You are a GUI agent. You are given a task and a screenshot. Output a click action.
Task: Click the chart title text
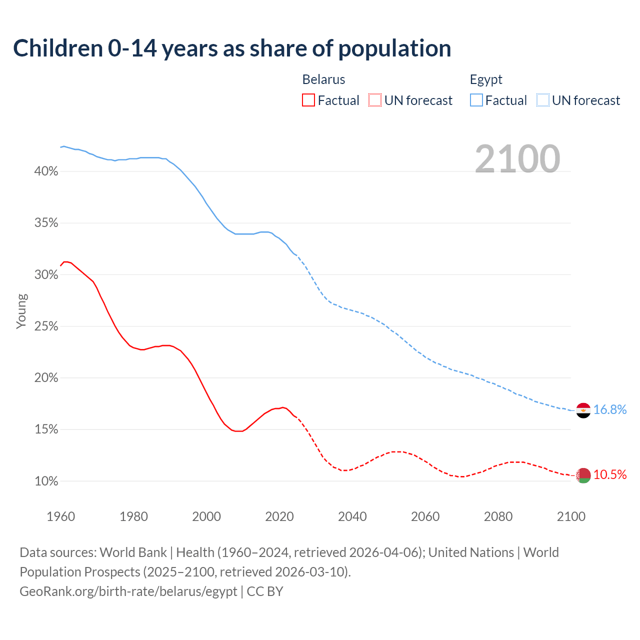(232, 48)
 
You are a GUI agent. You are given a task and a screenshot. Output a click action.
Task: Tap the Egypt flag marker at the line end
(583, 410)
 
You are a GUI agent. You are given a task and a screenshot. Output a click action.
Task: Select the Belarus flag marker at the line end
(583, 475)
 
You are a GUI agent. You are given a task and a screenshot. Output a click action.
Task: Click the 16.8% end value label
(610, 410)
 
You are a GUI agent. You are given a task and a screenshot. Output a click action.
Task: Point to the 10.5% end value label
(610, 474)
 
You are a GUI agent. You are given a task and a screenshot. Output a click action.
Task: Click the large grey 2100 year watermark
(517, 159)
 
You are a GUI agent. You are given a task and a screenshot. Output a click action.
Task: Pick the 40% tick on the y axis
(46, 171)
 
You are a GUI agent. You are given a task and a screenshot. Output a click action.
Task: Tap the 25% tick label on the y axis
(46, 326)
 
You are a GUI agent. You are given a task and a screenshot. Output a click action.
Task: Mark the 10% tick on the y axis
(46, 481)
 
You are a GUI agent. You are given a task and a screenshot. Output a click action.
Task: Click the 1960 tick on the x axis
(61, 516)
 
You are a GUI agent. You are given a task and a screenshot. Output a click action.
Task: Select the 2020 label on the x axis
(279, 516)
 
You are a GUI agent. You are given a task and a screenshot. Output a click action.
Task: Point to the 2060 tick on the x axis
(425, 516)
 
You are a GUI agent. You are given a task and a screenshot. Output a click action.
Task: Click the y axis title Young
(21, 311)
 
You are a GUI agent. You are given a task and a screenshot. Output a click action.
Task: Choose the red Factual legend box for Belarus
(308, 100)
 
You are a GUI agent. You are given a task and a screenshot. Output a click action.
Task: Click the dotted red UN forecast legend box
(375, 100)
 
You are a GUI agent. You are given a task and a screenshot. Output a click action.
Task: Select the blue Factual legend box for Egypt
(476, 100)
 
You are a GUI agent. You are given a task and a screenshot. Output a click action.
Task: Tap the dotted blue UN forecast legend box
(542, 100)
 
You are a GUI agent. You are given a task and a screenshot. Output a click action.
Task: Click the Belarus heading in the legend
(323, 79)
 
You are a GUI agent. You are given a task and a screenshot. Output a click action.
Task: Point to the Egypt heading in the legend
(486, 79)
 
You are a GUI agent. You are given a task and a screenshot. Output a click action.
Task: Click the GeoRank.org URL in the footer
(128, 591)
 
